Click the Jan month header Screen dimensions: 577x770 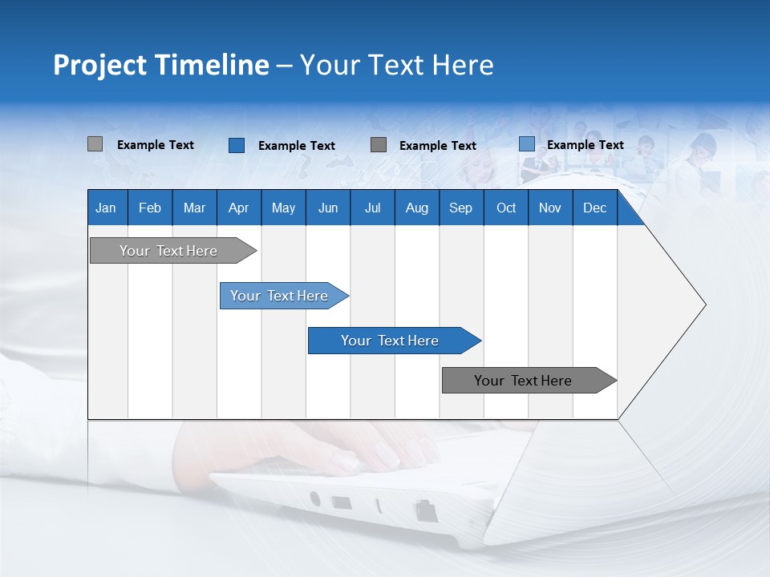pos(106,208)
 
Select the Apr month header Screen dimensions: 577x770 pos(238,208)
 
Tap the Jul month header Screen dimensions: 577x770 pos(372,208)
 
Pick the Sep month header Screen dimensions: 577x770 pos(460,208)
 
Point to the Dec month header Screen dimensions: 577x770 pos(594,208)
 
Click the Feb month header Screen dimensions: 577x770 pos(150,208)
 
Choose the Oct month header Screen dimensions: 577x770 pos(506,208)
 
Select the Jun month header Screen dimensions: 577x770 pos(328,208)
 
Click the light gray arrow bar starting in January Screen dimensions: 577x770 pos(169,251)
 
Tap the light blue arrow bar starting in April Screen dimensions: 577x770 pos(280,296)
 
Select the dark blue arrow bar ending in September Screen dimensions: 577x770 pos(391,341)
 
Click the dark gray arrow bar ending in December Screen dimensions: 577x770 pos(524,381)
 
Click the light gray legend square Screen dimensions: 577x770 pos(95,144)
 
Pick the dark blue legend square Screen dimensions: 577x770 pos(236,145)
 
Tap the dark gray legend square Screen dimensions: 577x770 pos(379,145)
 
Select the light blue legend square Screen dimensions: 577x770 pos(526,144)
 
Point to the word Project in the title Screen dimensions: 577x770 pos(100,65)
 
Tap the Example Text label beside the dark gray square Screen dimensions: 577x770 pos(437,146)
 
